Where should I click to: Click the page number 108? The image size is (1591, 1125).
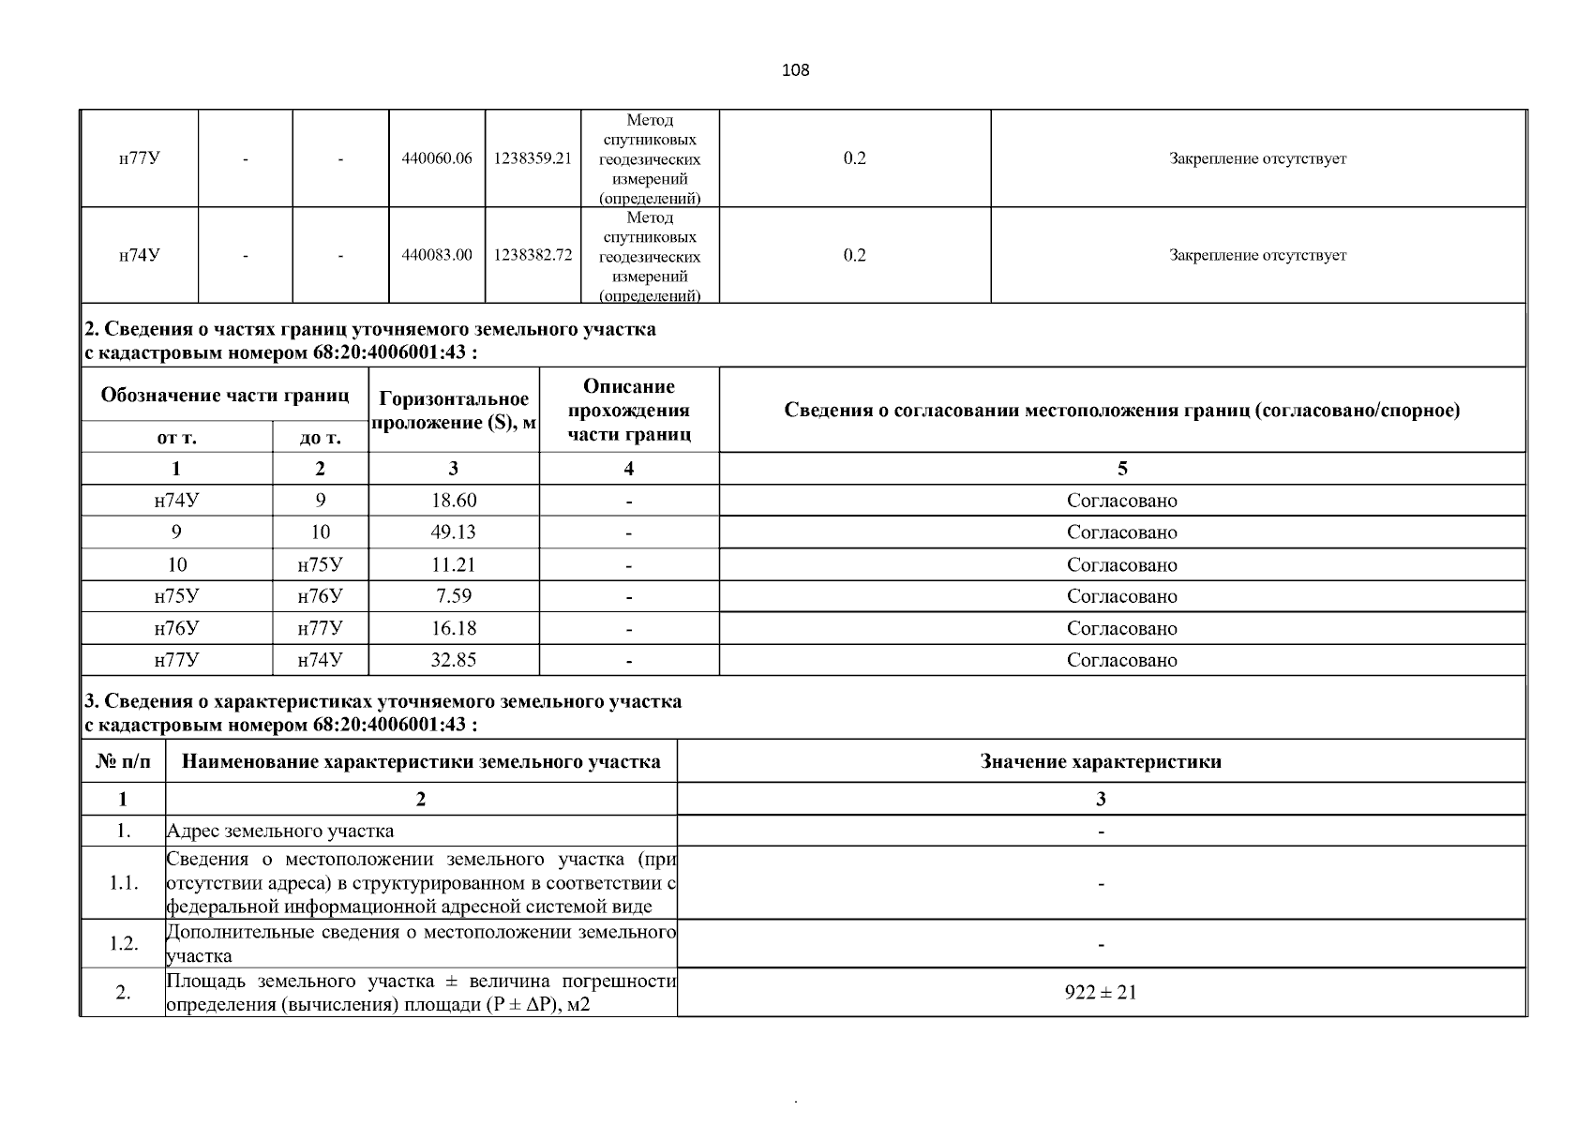pos(795,70)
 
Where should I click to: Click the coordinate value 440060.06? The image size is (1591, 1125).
pos(437,158)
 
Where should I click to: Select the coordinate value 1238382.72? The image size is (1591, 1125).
pos(533,255)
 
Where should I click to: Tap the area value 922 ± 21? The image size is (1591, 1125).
pos(1101,992)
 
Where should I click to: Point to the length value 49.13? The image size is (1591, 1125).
pos(454,532)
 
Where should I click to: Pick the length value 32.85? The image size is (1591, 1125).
pos(454,660)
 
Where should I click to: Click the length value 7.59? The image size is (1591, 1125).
pos(454,596)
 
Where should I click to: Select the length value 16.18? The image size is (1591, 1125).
pos(454,628)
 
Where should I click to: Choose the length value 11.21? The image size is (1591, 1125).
pos(454,564)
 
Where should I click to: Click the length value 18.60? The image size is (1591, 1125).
pos(454,501)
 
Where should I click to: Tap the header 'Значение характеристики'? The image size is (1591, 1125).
pos(1101,761)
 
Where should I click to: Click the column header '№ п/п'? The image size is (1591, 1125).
pos(123,761)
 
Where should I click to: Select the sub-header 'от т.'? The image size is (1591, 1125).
pos(176,438)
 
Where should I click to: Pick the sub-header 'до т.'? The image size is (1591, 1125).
pos(321,438)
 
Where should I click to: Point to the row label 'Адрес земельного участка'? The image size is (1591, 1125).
pos(280,831)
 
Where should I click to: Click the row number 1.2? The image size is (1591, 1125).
pos(123,943)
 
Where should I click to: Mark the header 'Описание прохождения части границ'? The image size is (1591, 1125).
pos(629,410)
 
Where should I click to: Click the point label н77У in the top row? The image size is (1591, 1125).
pos(139,158)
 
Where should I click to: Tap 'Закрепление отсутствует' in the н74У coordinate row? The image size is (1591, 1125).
pos(1257,255)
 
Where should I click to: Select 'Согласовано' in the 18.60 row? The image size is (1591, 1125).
pos(1121,501)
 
